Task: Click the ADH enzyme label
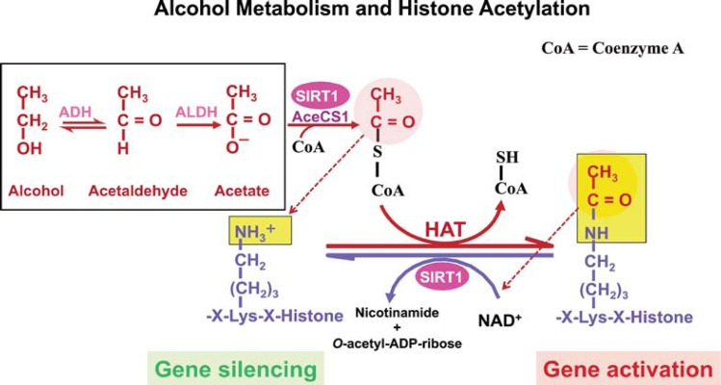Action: pyautogui.click(x=75, y=112)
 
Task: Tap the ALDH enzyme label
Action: pyautogui.click(x=196, y=112)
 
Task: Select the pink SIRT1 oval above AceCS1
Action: pyautogui.click(x=321, y=95)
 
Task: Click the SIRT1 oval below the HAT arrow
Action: pyautogui.click(x=442, y=277)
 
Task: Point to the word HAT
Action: pyautogui.click(x=445, y=230)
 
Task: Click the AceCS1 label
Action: pyautogui.click(x=321, y=116)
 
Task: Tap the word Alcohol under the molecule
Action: pyautogui.click(x=36, y=190)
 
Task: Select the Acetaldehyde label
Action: pyautogui.click(x=138, y=191)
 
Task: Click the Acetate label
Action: pyautogui.click(x=242, y=190)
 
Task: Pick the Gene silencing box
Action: pyautogui.click(x=236, y=369)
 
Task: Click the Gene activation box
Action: pyautogui.click(x=629, y=369)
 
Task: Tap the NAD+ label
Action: pyautogui.click(x=500, y=320)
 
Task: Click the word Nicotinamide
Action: pyautogui.click(x=398, y=313)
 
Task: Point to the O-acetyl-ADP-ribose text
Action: pyautogui.click(x=397, y=344)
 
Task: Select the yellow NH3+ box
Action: pyautogui.click(x=260, y=231)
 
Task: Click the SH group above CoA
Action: pyautogui.click(x=507, y=157)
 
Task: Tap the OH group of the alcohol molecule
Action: pyautogui.click(x=30, y=148)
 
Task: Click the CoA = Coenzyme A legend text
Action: pyautogui.click(x=612, y=48)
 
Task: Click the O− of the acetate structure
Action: pyautogui.click(x=237, y=146)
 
